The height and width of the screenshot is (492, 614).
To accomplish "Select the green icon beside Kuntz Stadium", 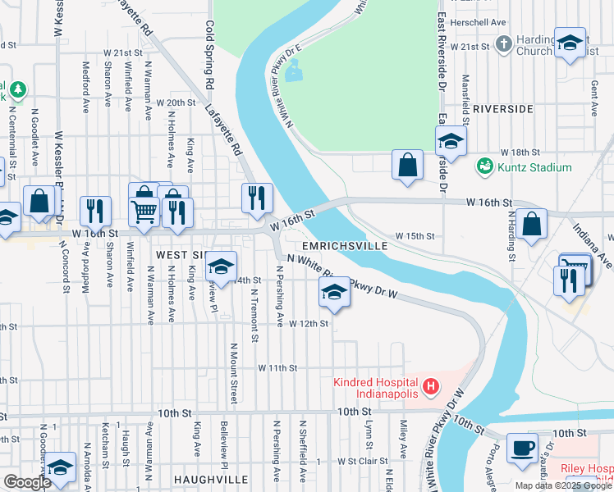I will pyautogui.click(x=485, y=167).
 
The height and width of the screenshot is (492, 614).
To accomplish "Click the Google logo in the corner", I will pyautogui.click(x=27, y=482).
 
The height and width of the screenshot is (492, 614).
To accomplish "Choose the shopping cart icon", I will pyautogui.click(x=144, y=211).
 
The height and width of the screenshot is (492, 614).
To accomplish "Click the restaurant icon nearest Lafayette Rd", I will pyautogui.click(x=257, y=197).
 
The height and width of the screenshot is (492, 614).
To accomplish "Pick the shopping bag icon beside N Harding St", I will pyautogui.click(x=532, y=223).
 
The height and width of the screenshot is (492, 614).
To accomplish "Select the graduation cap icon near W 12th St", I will pyautogui.click(x=333, y=292).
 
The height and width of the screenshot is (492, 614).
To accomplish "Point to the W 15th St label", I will pyautogui.click(x=414, y=236).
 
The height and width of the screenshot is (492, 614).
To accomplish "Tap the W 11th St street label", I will pyautogui.click(x=277, y=368).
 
